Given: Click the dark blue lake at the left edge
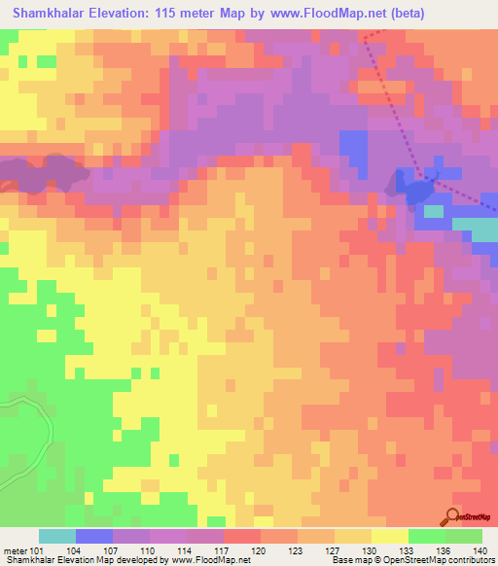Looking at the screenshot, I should point(44,173).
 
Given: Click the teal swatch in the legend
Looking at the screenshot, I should point(57,536).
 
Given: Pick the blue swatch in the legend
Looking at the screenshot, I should point(94,536).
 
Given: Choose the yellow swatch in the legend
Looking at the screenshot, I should point(389,536).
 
